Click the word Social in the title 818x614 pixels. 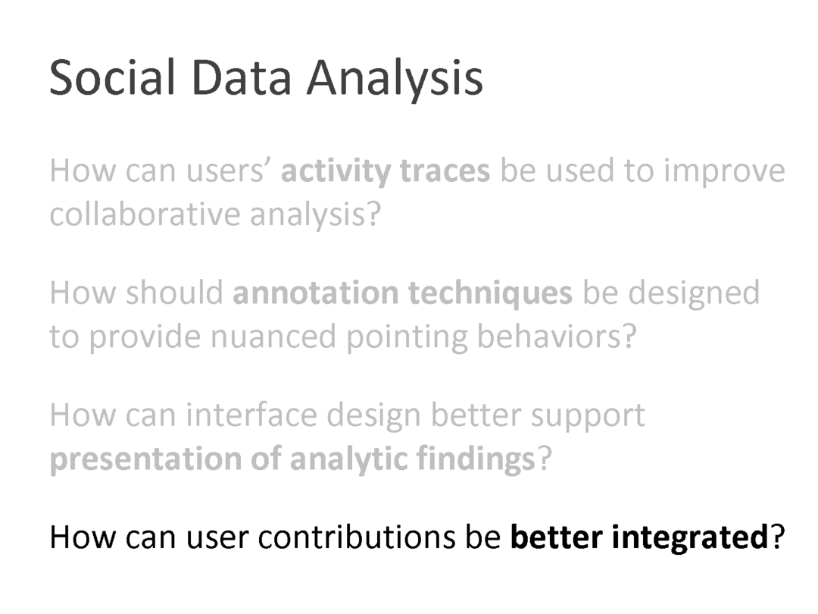click(x=111, y=77)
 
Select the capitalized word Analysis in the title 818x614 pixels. click(x=395, y=80)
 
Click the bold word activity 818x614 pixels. click(x=336, y=171)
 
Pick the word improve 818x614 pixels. click(x=724, y=172)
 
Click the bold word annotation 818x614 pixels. click(x=314, y=293)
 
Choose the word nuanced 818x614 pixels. click(x=273, y=337)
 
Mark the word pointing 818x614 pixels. click(x=407, y=338)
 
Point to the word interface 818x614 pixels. click(x=251, y=415)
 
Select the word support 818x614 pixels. click(x=588, y=417)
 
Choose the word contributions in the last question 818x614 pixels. click(x=356, y=537)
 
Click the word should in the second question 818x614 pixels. click(x=174, y=292)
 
